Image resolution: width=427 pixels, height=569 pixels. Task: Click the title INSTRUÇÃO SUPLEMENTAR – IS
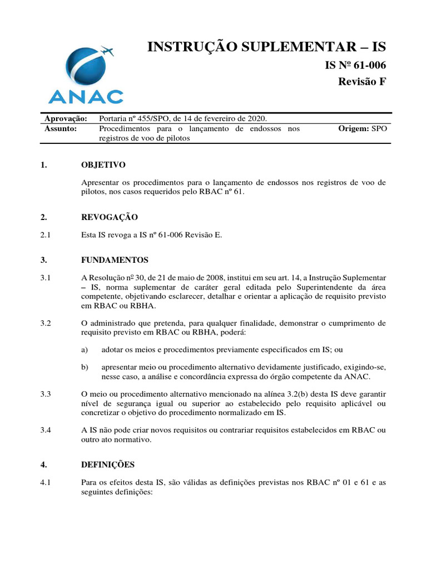(x=266, y=47)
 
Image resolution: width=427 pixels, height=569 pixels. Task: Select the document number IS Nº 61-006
(x=355, y=66)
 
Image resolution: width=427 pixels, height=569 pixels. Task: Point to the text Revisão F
(x=362, y=82)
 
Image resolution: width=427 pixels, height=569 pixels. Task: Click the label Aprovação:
(x=66, y=119)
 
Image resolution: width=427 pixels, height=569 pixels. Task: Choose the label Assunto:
(x=61, y=129)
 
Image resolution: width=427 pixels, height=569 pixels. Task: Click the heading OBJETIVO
(x=103, y=165)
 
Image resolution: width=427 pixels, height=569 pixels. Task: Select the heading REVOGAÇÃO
(x=109, y=217)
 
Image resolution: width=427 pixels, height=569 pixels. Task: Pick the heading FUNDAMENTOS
(x=115, y=259)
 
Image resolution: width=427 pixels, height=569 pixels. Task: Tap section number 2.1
(x=46, y=235)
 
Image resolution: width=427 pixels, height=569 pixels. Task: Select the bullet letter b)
(x=85, y=367)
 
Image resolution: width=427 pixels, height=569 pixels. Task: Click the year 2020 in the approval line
(x=258, y=119)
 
